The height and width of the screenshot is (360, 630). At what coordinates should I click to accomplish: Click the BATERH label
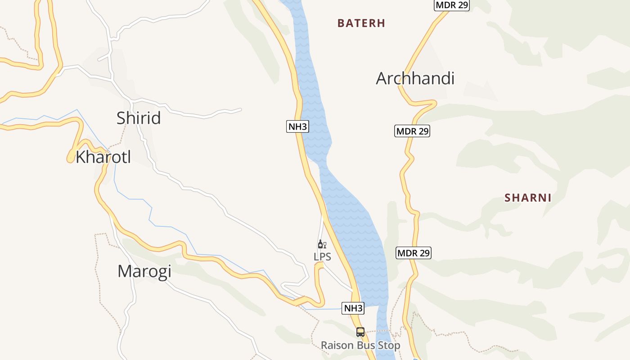361,23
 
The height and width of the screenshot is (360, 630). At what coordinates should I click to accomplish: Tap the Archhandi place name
415,78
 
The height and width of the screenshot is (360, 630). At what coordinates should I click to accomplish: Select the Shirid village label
139,118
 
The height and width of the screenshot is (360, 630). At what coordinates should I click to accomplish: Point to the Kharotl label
103,157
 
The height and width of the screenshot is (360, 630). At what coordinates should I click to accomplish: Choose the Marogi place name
144,271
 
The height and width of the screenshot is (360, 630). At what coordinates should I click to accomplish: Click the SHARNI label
528,198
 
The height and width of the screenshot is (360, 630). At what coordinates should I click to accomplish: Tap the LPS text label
322,257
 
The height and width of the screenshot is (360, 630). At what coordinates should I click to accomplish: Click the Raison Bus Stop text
360,346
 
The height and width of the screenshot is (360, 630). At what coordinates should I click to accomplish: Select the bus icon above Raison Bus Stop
360,332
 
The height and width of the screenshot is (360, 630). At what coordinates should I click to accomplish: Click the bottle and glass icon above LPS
322,244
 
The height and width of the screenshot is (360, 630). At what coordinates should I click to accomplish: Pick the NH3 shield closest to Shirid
297,126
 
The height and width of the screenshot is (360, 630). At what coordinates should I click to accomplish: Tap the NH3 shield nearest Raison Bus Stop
353,308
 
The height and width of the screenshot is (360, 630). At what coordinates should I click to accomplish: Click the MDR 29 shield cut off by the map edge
452,5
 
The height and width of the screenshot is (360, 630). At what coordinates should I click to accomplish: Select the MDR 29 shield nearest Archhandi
412,131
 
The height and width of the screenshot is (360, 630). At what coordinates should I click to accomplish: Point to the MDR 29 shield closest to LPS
414,253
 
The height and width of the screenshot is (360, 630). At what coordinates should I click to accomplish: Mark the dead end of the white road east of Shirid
241,109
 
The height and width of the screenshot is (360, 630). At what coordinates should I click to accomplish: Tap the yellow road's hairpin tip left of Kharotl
70,159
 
